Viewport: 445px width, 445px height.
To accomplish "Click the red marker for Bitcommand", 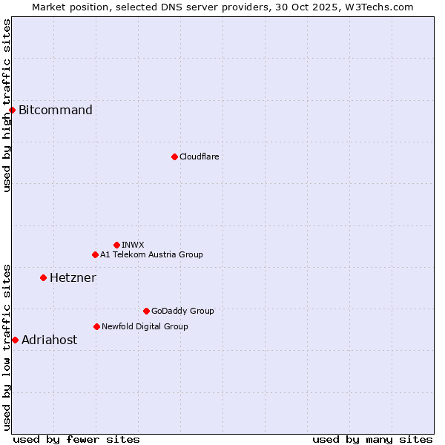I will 12,111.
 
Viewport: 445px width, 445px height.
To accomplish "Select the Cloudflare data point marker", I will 174,156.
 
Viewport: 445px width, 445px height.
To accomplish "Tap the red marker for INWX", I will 116,245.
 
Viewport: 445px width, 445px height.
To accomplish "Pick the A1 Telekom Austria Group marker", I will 95,255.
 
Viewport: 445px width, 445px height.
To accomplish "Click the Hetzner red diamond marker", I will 43,278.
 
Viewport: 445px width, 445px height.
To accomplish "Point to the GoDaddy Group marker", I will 146,311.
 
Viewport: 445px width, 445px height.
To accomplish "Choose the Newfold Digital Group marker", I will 96,326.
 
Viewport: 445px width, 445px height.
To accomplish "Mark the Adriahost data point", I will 15,340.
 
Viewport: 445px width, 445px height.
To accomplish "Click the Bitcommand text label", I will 56,111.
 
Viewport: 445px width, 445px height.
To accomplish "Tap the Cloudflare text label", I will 199,156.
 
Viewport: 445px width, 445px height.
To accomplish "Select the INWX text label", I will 133,245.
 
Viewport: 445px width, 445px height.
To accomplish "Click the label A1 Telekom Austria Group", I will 151,255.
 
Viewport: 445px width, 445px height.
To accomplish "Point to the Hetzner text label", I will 73,278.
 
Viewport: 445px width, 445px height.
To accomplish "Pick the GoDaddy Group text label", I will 182,311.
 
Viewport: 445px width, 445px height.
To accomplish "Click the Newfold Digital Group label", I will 145,326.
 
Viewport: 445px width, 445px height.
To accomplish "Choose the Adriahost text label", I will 49,340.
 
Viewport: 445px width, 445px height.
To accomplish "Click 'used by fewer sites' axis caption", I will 76,439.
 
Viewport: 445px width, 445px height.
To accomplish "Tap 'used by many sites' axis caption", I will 372,439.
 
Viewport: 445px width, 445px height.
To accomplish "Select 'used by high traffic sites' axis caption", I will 7,105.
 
